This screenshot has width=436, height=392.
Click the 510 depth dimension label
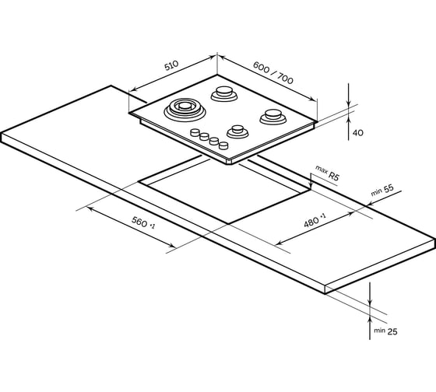[171, 65]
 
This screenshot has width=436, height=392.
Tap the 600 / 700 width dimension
[273, 72]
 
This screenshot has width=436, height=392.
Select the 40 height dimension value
[358, 133]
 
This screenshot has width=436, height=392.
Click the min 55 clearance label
[382, 190]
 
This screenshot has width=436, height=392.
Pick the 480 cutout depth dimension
[315, 220]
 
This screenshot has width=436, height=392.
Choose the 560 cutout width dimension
[143, 222]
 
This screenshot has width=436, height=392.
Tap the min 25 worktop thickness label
[385, 331]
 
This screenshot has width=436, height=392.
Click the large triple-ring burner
[185, 110]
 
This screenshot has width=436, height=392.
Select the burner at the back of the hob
[224, 93]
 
